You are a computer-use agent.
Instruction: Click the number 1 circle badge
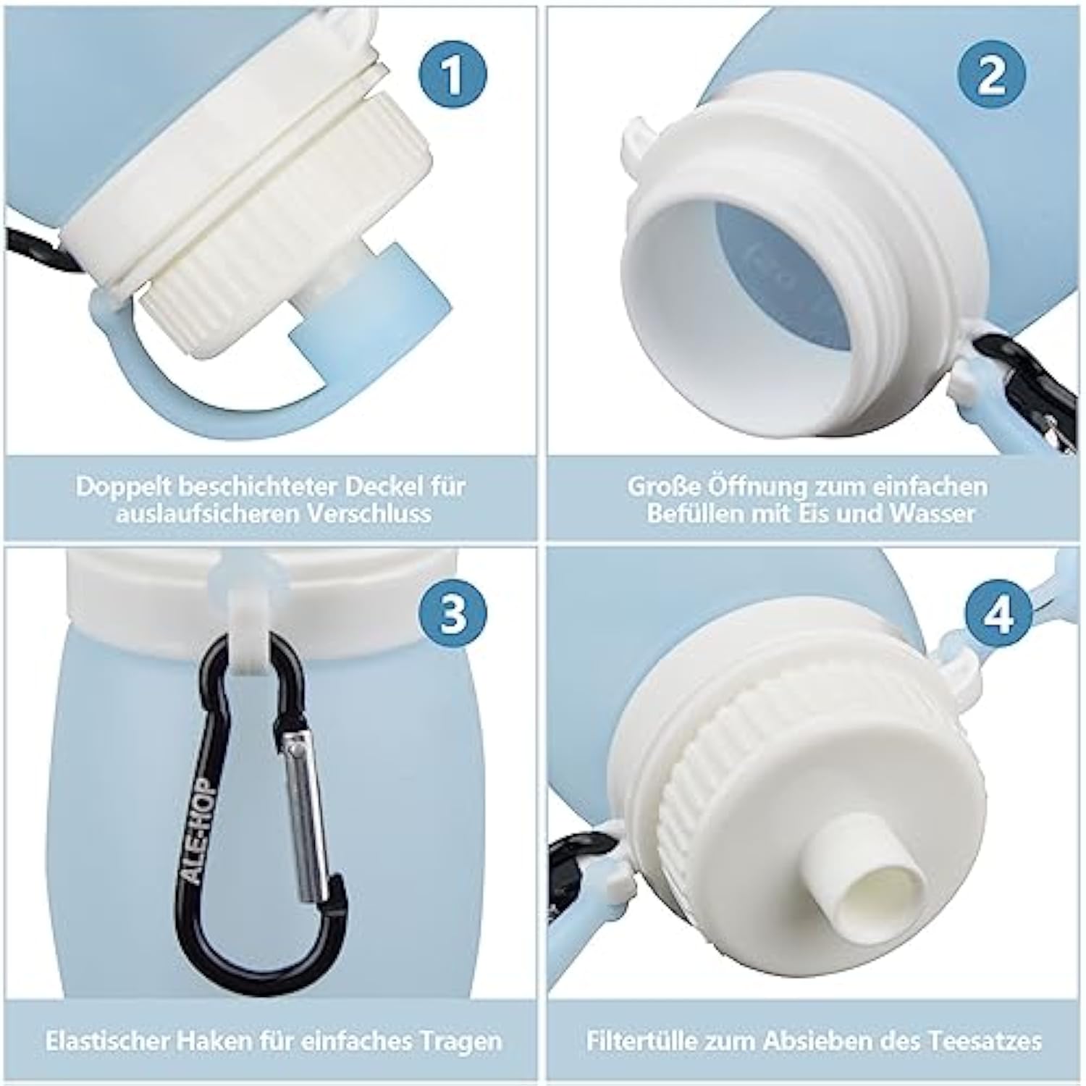(453, 74)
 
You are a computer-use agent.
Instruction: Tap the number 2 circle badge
(991, 74)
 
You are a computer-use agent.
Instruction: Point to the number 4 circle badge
(1000, 616)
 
